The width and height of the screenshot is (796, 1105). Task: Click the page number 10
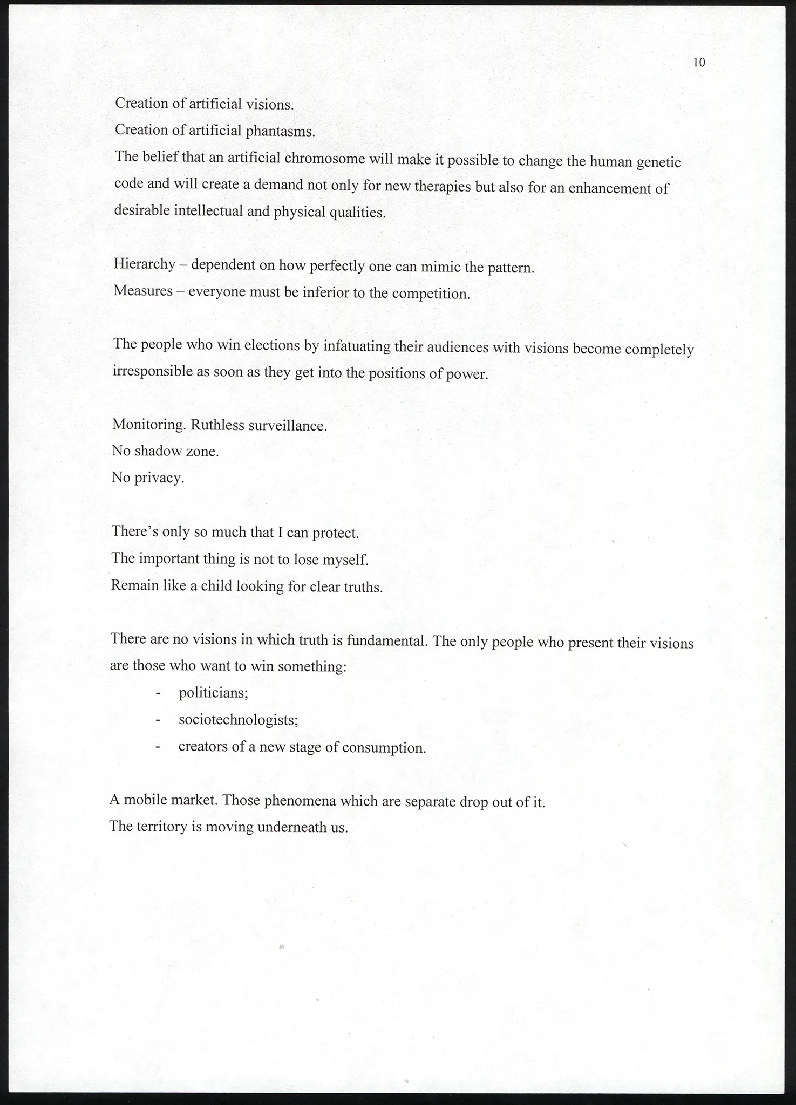pyautogui.click(x=699, y=63)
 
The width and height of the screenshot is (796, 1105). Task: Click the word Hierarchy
pyautogui.click(x=145, y=264)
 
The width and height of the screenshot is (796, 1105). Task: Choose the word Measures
pyautogui.click(x=143, y=291)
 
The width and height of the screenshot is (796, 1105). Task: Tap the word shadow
pyautogui.click(x=158, y=451)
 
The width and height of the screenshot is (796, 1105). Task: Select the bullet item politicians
pyautogui.click(x=213, y=693)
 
